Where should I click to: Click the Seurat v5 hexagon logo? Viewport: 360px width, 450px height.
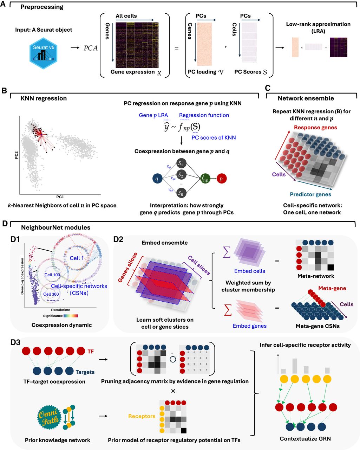44,52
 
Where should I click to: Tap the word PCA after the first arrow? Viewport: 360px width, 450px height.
90,48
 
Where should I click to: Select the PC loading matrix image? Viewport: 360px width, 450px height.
204,44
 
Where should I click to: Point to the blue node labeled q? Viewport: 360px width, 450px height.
157,179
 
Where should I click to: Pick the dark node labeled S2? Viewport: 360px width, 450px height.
181,174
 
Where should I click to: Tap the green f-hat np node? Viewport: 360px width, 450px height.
205,179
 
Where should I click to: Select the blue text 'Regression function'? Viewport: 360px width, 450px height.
204,115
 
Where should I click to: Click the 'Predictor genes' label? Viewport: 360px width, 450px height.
310,194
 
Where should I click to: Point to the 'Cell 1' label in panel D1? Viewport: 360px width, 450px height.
77,258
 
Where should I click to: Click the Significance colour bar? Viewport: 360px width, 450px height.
71,316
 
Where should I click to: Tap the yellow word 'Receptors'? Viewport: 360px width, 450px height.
142,416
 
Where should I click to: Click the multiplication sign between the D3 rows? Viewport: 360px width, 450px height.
172,391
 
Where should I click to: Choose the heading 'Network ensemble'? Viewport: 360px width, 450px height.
306,98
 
